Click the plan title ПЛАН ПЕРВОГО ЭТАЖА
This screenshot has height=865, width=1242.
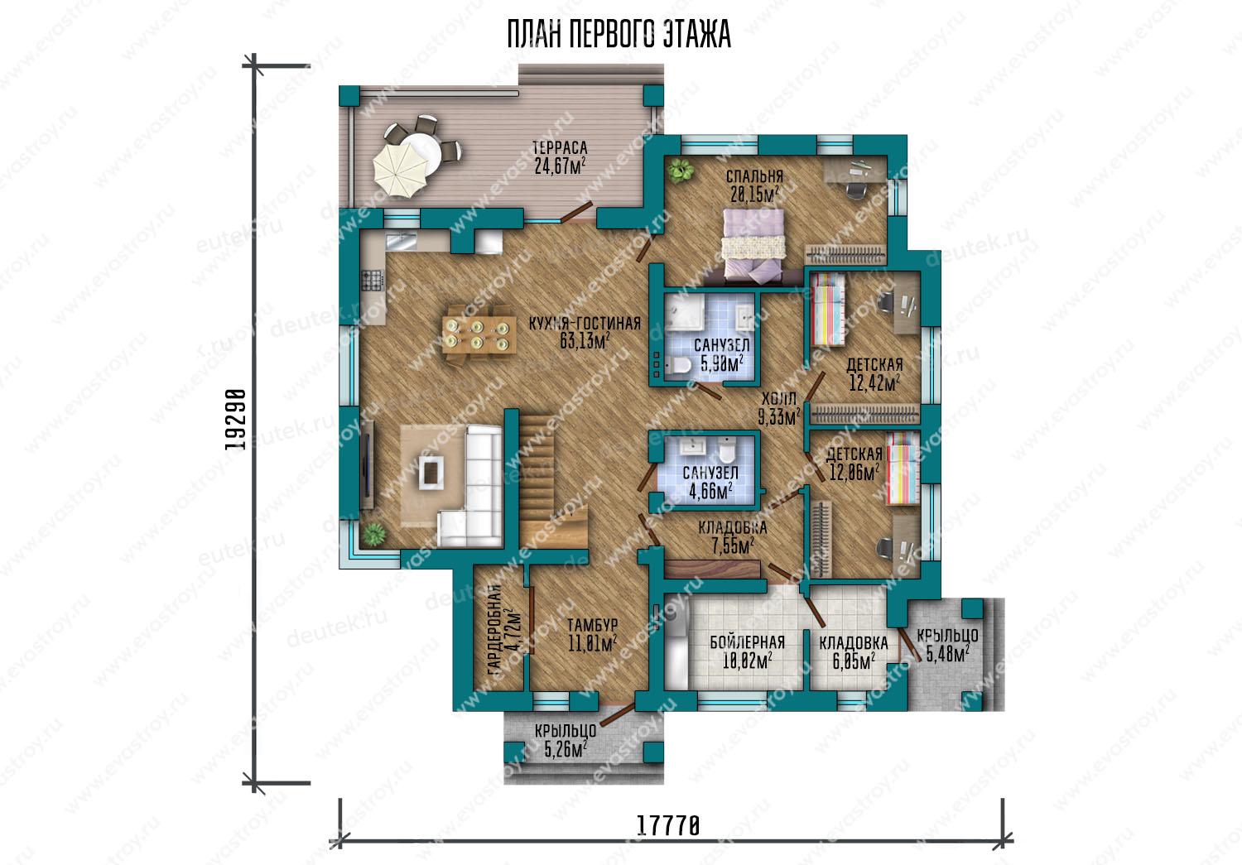click(619, 35)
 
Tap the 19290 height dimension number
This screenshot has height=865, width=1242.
click(236, 420)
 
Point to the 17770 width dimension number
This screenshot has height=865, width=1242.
click(667, 825)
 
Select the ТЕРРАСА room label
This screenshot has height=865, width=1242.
click(560, 148)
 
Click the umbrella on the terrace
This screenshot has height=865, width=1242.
click(401, 167)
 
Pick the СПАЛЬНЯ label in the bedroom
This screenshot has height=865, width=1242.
click(754, 177)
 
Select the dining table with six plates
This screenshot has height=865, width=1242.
click(479, 335)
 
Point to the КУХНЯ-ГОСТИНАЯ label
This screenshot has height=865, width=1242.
click(585, 324)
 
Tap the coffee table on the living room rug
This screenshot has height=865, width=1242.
click(431, 472)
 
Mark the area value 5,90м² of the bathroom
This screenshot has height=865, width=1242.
click(721, 364)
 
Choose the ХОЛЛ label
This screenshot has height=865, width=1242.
click(778, 398)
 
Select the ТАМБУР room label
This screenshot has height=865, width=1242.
click(592, 625)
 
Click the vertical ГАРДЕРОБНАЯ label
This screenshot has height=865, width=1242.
click(496, 629)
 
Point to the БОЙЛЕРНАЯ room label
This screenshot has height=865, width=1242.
click(748, 642)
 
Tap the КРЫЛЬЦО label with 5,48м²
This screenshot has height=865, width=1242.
click(947, 637)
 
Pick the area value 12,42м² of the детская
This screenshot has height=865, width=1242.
click(874, 383)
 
